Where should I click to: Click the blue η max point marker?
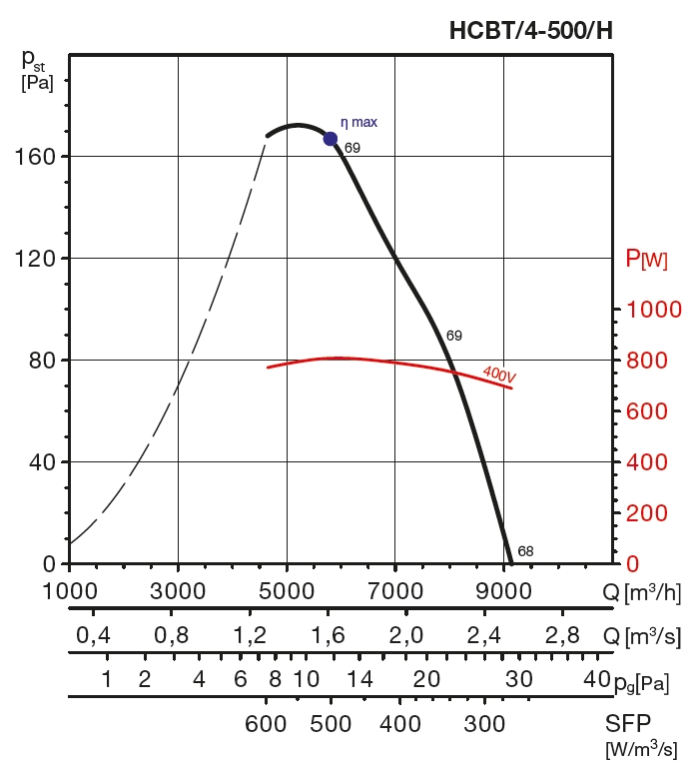coord(331,139)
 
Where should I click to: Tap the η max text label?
coord(359,122)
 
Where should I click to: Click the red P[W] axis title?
coord(646,260)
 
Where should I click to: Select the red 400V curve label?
coord(498,375)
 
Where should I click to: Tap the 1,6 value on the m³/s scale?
coord(329,636)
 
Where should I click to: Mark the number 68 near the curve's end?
coord(525,550)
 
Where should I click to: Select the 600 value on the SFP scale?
coord(266,724)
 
